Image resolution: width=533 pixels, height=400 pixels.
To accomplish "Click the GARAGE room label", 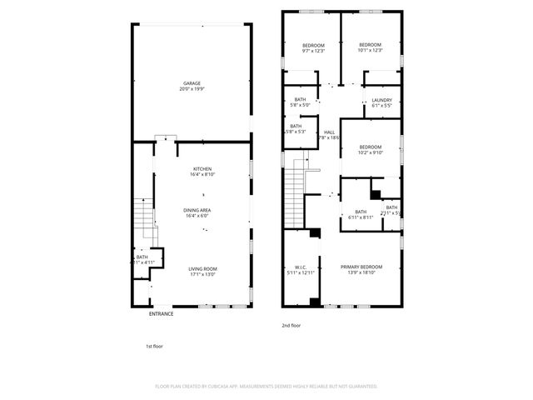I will click(192, 83).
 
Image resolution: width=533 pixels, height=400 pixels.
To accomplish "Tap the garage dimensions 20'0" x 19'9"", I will click(192, 89).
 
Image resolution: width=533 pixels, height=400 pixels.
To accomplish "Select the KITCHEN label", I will click(203, 168).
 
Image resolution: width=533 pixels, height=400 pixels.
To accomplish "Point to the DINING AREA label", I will click(203, 210).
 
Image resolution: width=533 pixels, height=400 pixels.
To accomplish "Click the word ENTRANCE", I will click(162, 314).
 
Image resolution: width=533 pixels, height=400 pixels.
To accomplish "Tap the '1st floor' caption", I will click(155, 345).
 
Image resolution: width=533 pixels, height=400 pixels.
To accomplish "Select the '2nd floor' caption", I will click(290, 326).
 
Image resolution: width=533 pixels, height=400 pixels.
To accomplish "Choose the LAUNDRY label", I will click(382, 100).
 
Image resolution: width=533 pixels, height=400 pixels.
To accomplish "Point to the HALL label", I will click(329, 132).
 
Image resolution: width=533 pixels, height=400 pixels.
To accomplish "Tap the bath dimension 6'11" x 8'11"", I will click(361, 217).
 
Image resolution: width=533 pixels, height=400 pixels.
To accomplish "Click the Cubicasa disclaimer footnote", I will click(266, 387).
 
